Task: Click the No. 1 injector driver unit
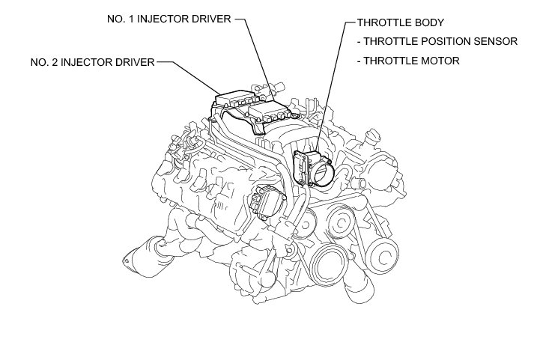(270, 112)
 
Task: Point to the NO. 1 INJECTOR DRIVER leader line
(255, 52)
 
